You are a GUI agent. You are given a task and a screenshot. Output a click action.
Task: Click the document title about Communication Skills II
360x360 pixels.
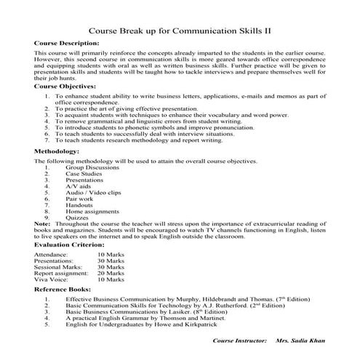179,31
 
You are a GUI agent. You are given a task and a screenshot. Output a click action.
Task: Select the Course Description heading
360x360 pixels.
67,44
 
